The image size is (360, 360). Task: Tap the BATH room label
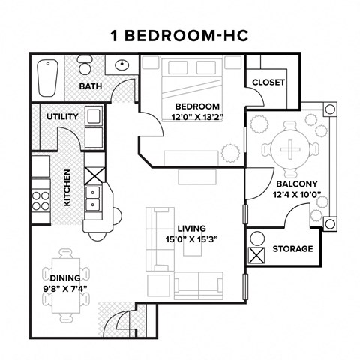91,87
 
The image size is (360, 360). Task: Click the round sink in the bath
121,65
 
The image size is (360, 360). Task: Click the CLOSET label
268,82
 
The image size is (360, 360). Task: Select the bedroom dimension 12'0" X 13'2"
198,118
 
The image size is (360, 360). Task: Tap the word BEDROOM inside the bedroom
198,106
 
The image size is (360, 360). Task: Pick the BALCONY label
297,184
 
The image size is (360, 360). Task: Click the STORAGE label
292,249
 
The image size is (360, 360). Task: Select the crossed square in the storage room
256,255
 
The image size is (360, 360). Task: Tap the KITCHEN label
67,188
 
